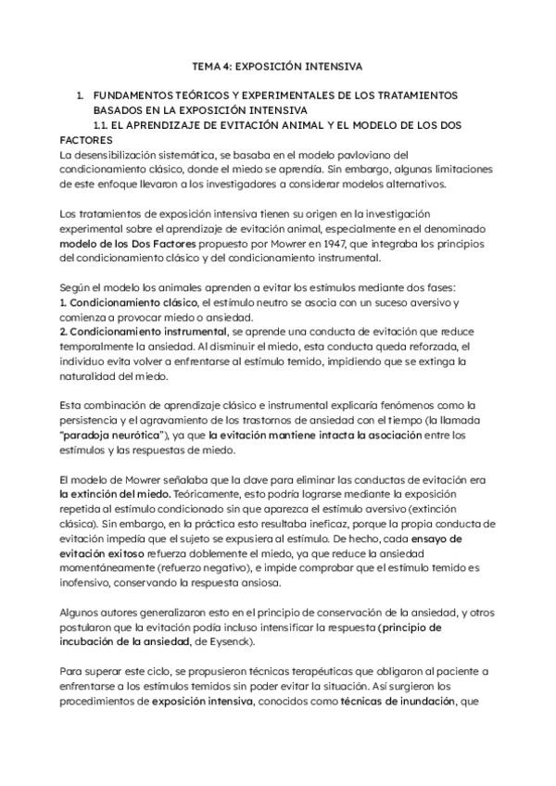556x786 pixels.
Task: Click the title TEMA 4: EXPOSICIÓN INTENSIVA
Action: [x=277, y=68]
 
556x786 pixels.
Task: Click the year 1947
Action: [x=338, y=243]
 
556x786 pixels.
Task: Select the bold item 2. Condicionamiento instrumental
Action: [x=129, y=333]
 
